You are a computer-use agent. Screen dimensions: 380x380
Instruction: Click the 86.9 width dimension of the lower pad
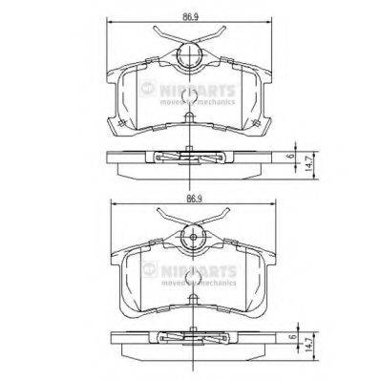click(193, 199)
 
